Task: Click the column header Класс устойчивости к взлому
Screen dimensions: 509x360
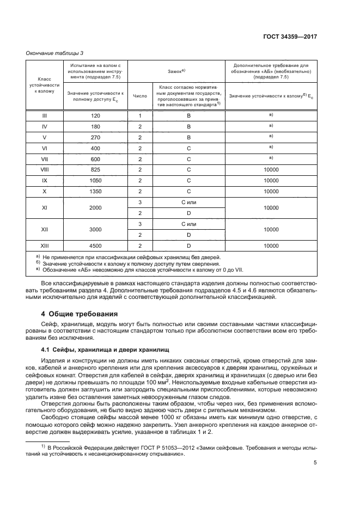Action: [44, 85]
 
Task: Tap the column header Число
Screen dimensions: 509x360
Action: [140, 95]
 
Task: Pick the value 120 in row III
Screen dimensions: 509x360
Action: [95, 115]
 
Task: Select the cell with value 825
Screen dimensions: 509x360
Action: [95, 170]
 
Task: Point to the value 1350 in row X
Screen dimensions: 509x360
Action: [95, 192]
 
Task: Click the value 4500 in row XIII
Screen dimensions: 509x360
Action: [95, 246]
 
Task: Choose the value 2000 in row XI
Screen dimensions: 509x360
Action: [95, 208]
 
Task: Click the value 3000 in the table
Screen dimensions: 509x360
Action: [95, 230]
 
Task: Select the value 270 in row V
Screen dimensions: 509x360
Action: [95, 137]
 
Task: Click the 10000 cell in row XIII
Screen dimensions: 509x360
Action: [271, 246]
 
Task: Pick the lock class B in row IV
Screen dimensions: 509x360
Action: [188, 126]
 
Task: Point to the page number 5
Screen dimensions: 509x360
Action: [315, 463]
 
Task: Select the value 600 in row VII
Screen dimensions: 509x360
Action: [95, 159]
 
